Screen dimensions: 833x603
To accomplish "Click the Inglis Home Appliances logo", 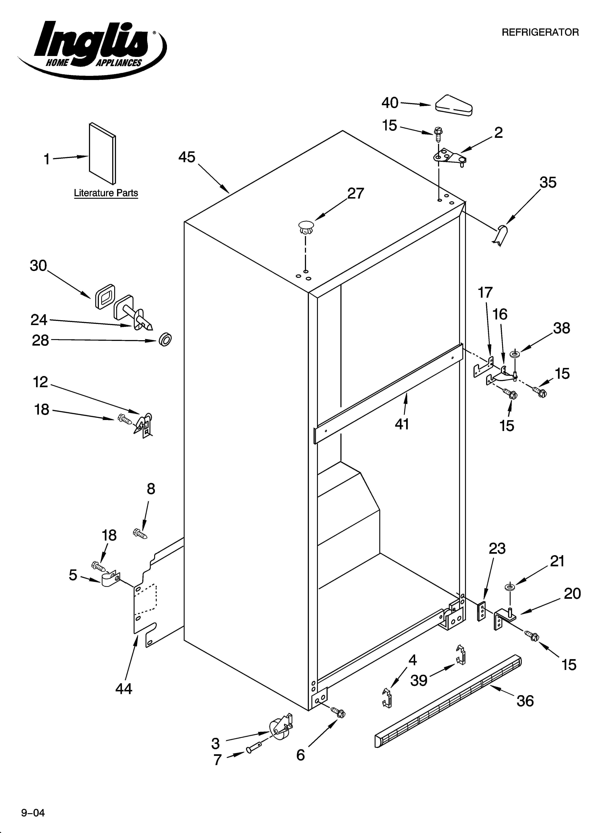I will tap(92, 48).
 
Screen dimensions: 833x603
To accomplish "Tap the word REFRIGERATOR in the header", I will tap(540, 32).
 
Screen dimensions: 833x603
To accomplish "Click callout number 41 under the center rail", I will tap(402, 424).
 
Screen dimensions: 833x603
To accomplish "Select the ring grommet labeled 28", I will tap(165, 339).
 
